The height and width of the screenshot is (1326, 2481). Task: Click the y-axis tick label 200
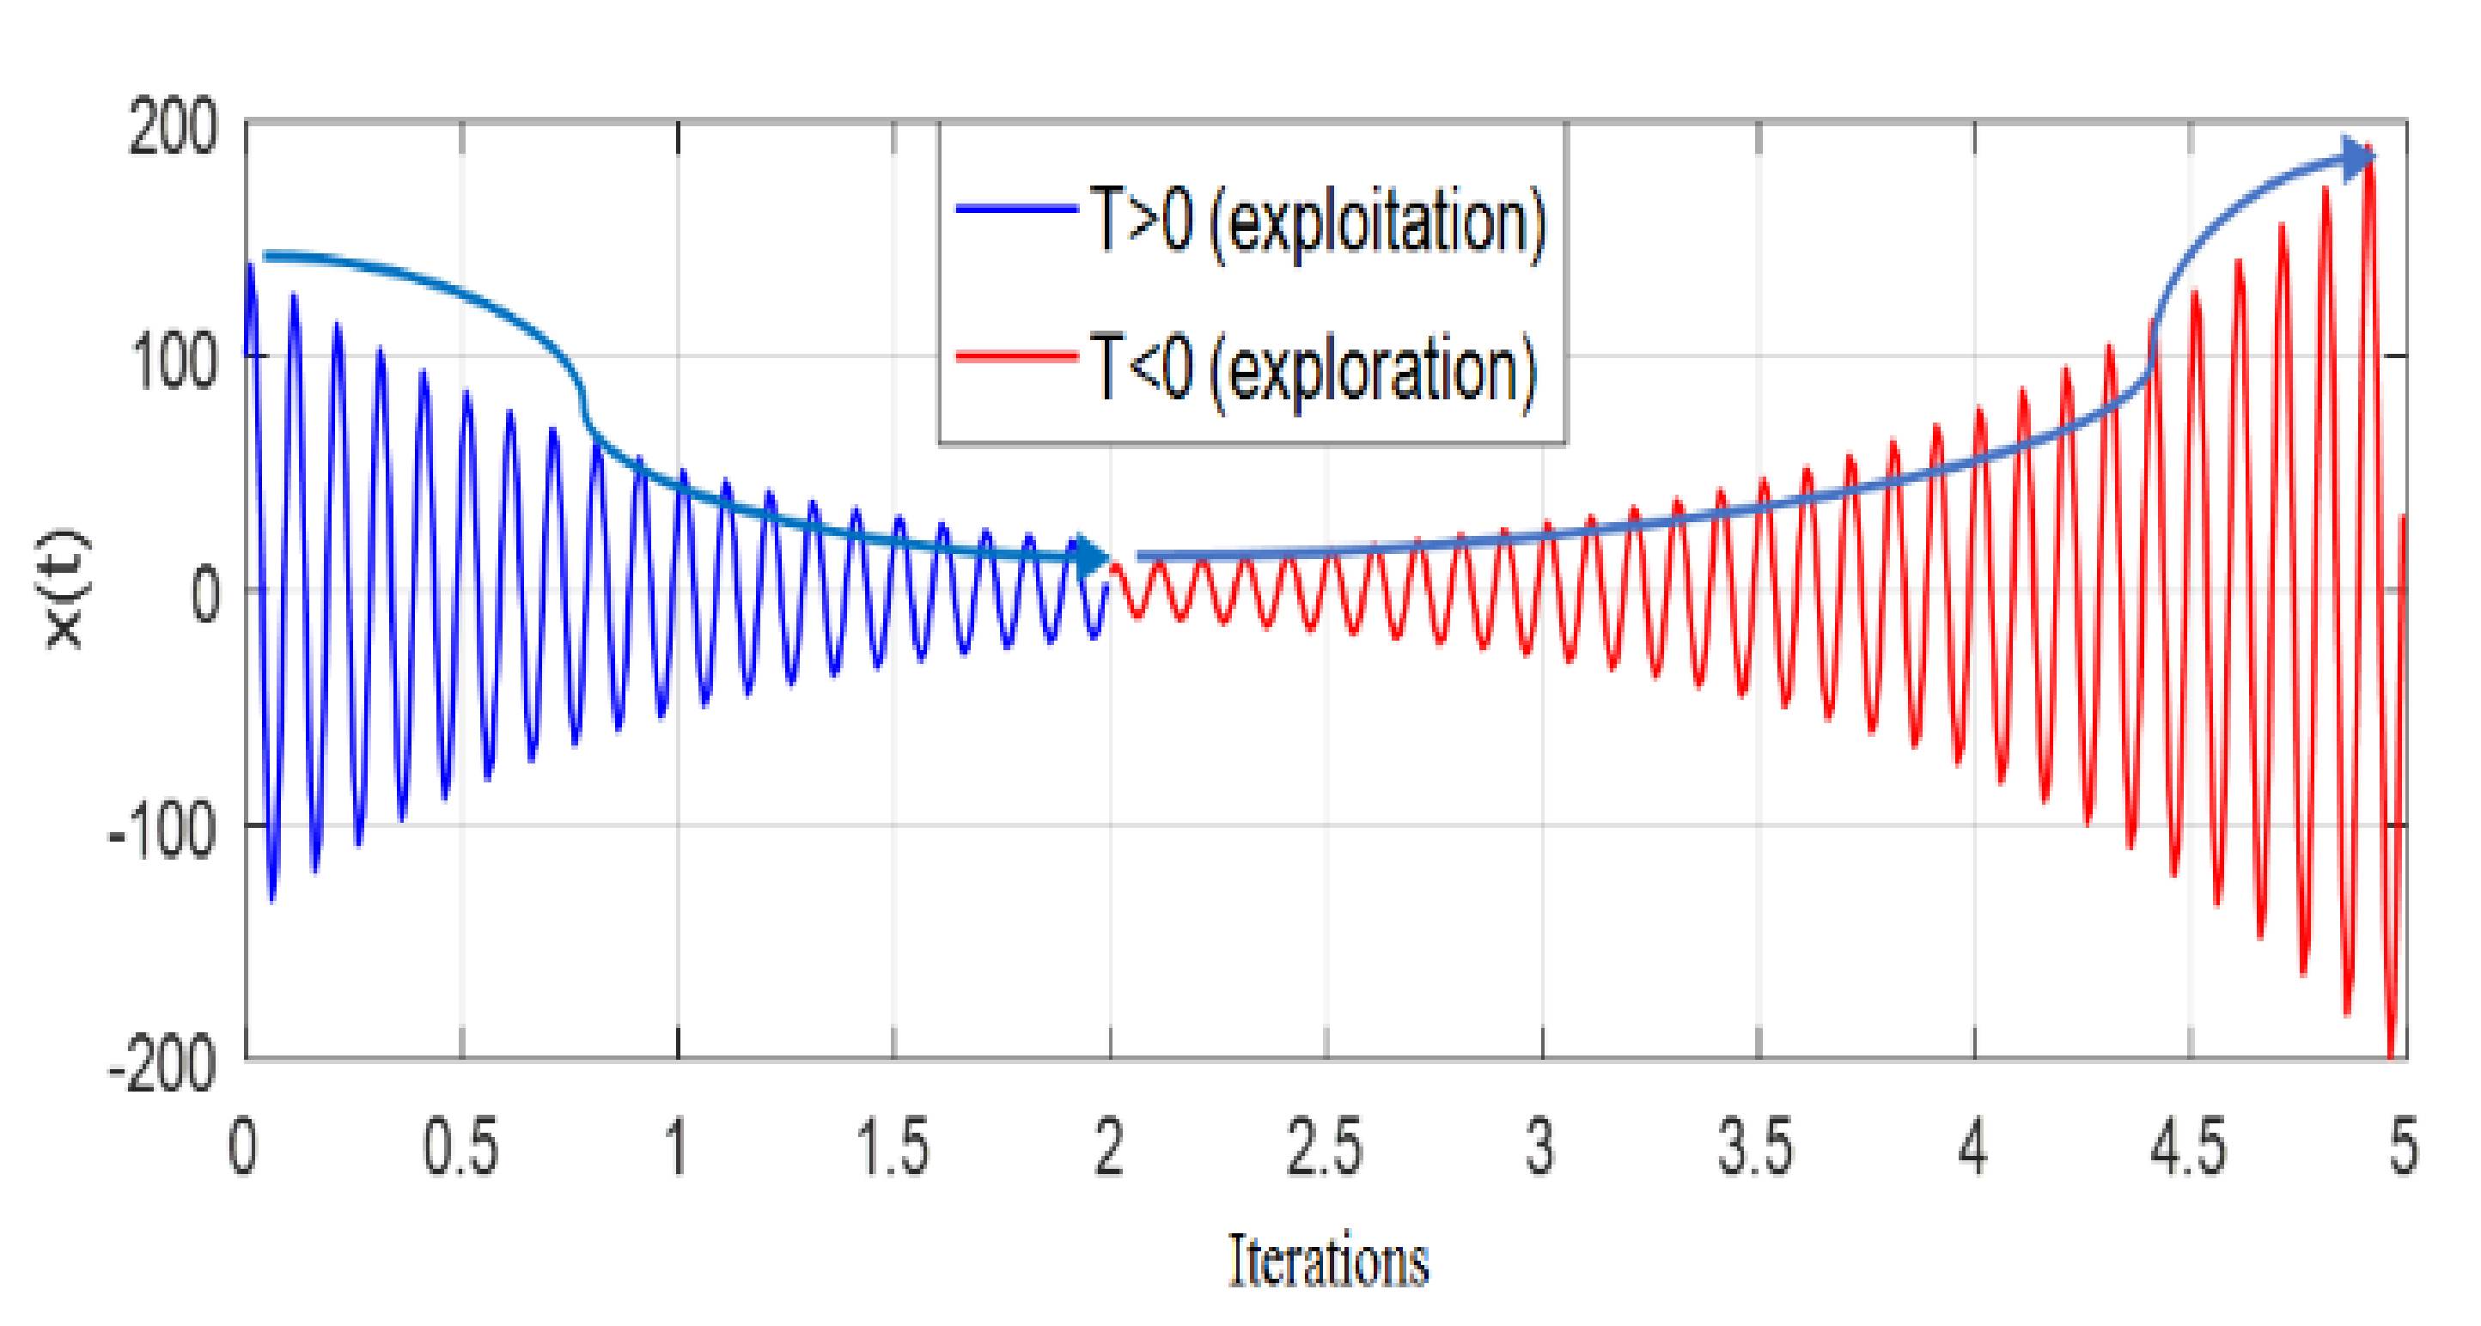(174, 128)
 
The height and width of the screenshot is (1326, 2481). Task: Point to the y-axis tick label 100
(174, 363)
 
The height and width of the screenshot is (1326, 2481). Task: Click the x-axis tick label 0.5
(460, 1148)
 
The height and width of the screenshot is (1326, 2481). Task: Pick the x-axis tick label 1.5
(893, 1148)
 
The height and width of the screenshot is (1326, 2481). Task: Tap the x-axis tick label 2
(1110, 1148)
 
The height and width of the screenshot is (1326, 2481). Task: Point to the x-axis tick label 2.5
(1326, 1148)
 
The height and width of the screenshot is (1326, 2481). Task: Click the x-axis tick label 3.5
(1756, 1148)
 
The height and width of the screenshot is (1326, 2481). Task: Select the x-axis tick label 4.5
(2188, 1148)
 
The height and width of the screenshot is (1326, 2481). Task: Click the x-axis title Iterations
(1328, 1262)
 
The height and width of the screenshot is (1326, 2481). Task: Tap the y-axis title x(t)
(65, 589)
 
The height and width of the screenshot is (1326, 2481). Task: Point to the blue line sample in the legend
(1016, 208)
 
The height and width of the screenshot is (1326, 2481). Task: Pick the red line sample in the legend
(1016, 357)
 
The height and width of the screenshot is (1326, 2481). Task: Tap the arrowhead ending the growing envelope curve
(2360, 157)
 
